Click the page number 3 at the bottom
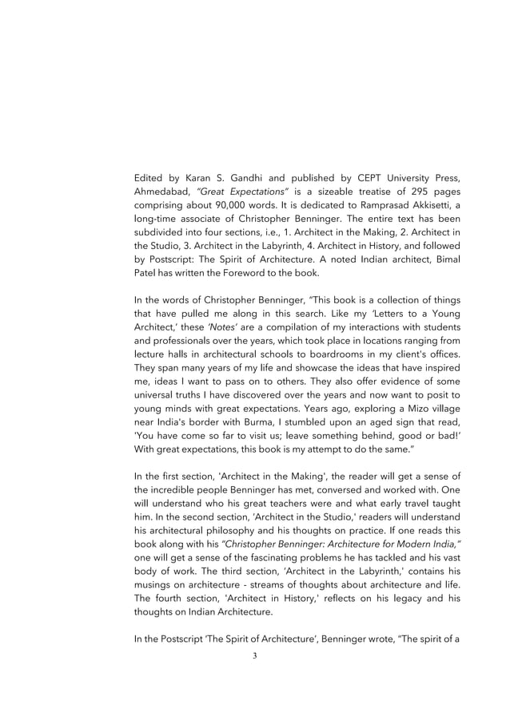(254, 656)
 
